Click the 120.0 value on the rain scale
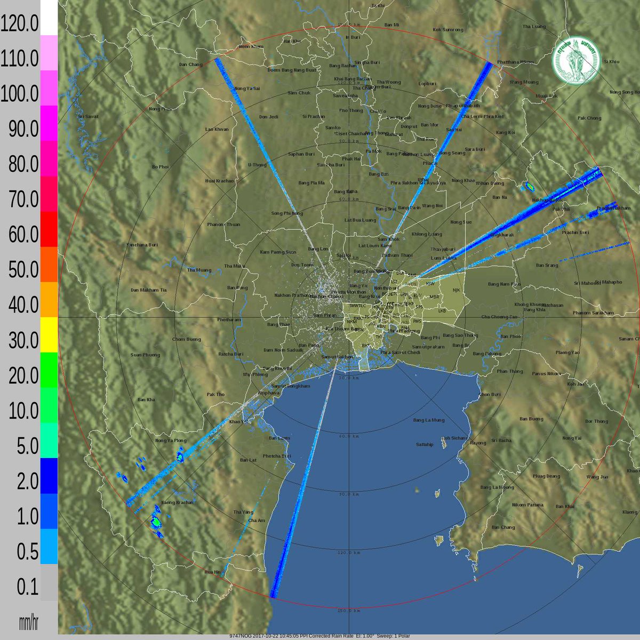pyautogui.click(x=19, y=24)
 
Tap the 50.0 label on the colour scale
pyautogui.click(x=19, y=270)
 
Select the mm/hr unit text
pyautogui.click(x=28, y=622)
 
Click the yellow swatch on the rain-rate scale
pyautogui.click(x=49, y=334)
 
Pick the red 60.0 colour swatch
pyautogui.click(x=49, y=229)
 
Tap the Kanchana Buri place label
pyautogui.click(x=142, y=245)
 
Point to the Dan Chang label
pyautogui.click(x=190, y=65)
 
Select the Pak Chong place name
pyautogui.click(x=589, y=118)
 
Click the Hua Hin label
pyautogui.click(x=212, y=572)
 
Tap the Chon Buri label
pyautogui.click(x=490, y=395)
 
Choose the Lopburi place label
pyautogui.click(x=427, y=84)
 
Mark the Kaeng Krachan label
pyautogui.click(x=177, y=502)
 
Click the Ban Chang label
pyautogui.click(x=503, y=527)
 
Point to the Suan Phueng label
pyautogui.click(x=145, y=355)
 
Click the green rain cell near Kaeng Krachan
pyautogui.click(x=156, y=521)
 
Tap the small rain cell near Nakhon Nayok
pyautogui.click(x=530, y=186)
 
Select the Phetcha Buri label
pyautogui.click(x=277, y=456)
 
